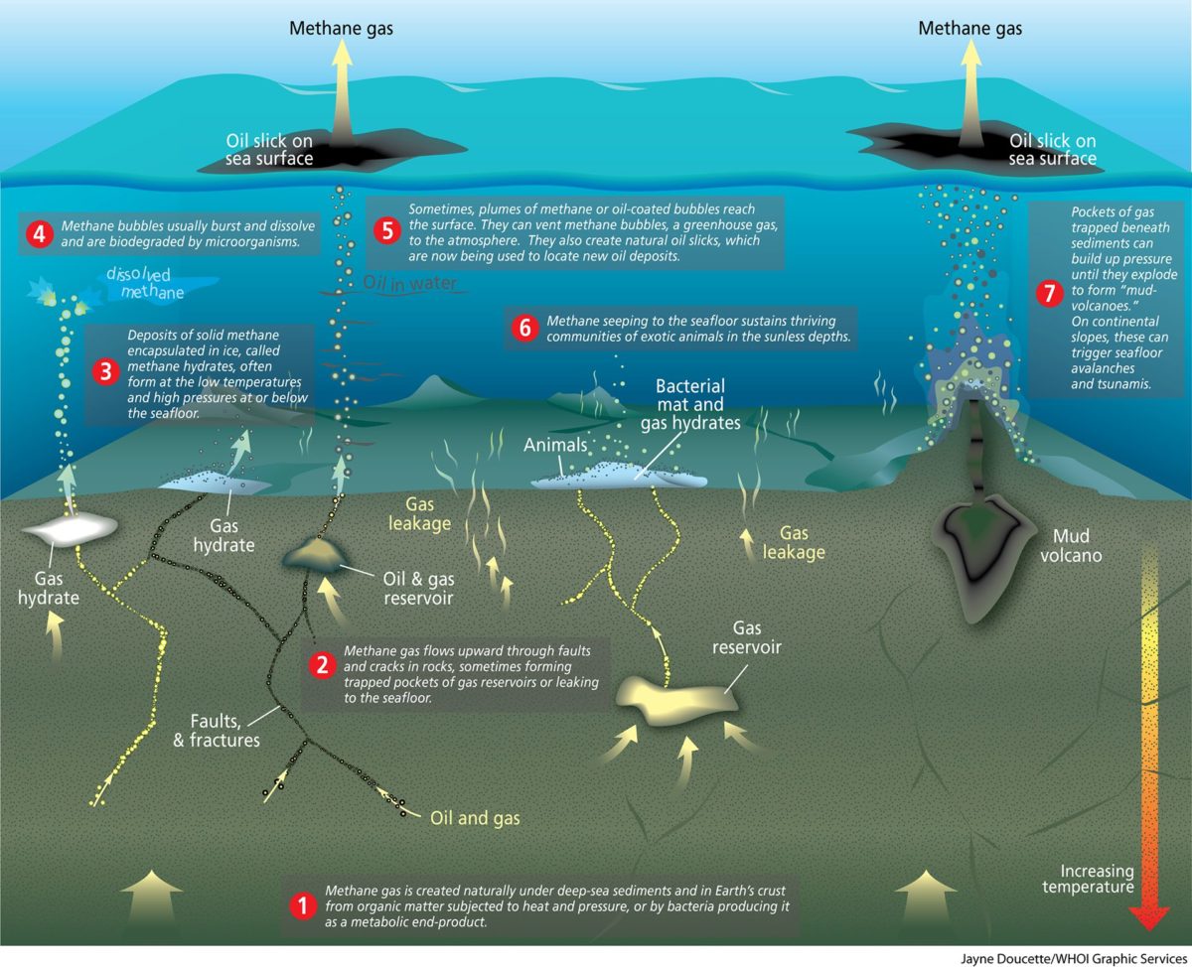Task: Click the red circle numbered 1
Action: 303,905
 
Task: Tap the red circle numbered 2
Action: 323,665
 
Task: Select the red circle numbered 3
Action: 105,372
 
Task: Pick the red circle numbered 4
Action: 39,233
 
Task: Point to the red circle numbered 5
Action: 387,231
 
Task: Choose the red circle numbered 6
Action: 524,328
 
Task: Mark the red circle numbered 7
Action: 1049,293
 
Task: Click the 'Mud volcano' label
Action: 1071,545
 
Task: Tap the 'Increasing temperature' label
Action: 1088,879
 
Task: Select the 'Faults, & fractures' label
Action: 217,731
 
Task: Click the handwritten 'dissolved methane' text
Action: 145,283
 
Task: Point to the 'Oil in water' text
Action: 410,282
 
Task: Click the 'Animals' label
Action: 555,445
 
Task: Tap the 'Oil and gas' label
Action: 475,818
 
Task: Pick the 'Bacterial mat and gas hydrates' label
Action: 690,404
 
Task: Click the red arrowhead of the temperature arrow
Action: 1149,917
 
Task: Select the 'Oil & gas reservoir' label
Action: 418,588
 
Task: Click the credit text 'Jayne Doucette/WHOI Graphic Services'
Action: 1074,959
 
